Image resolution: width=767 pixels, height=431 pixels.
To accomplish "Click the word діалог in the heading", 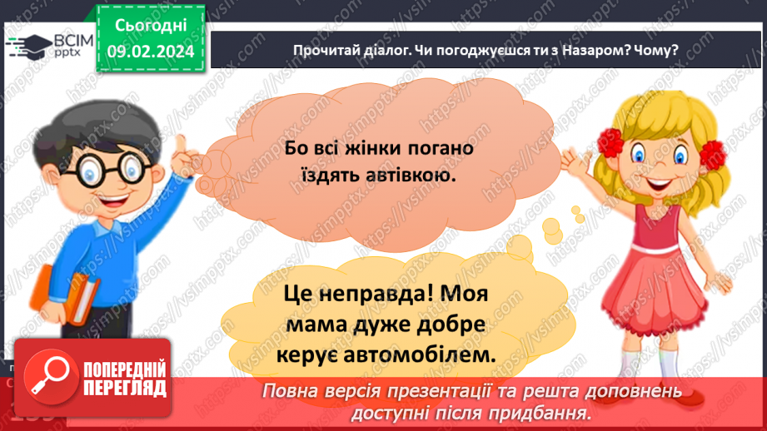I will [379, 49].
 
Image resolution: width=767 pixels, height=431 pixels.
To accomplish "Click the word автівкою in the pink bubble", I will [412, 176].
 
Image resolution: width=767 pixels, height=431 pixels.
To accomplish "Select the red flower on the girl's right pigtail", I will [713, 151].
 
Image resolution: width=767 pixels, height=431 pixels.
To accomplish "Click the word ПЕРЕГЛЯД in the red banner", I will [125, 388].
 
